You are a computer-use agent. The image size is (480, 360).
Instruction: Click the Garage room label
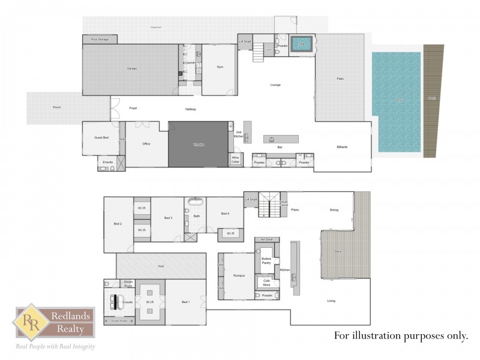tap(131, 68)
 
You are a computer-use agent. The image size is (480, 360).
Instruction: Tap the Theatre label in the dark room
tap(197, 145)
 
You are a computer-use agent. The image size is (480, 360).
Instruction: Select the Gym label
tap(220, 67)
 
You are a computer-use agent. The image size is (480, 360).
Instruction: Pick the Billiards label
tap(342, 147)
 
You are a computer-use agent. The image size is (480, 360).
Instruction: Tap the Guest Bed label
tap(101, 138)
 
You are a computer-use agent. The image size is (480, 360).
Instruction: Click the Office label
tap(146, 144)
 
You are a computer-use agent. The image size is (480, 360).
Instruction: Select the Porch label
tap(56, 107)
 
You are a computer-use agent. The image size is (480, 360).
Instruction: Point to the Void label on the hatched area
tap(160, 266)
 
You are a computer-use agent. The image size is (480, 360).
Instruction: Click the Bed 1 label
tap(185, 302)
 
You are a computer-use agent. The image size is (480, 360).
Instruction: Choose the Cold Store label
tap(266, 282)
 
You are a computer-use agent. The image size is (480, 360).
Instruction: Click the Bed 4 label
tap(225, 214)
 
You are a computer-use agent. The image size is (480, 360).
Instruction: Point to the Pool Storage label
tap(100, 39)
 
